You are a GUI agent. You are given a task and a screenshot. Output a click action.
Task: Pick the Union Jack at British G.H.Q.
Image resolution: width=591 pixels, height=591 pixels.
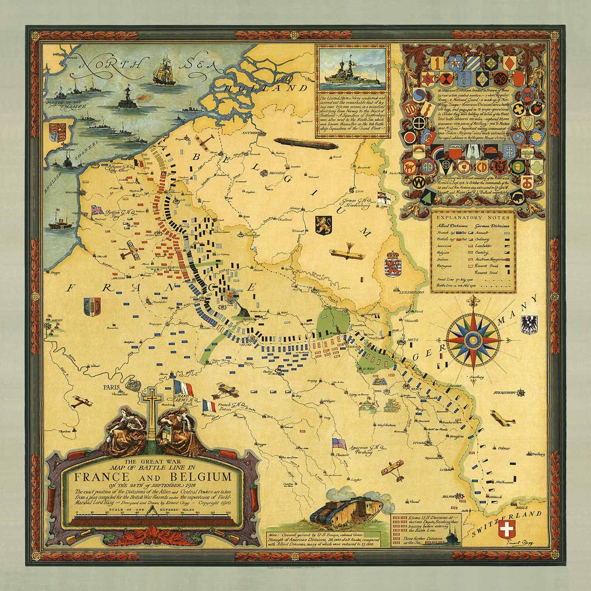click(x=97, y=210)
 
